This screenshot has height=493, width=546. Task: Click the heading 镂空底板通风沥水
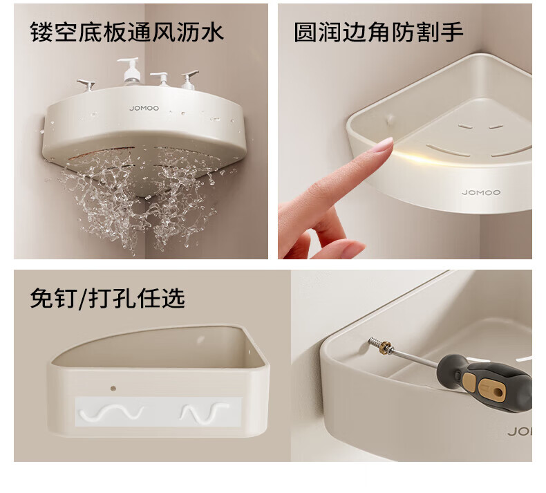[127, 32]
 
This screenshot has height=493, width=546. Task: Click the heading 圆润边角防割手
[379, 32]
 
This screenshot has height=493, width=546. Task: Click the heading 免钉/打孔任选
[107, 298]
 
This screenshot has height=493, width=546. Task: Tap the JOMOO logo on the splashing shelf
[144, 109]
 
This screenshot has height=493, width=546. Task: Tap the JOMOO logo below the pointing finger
[481, 192]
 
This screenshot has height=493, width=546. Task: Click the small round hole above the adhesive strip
[113, 388]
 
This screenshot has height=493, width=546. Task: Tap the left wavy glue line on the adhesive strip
[111, 413]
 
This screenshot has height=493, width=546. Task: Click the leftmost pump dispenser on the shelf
[86, 85]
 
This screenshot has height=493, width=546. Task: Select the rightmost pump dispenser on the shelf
[189, 80]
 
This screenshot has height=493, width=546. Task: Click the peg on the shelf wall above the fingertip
[390, 120]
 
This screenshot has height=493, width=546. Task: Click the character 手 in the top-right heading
[452, 32]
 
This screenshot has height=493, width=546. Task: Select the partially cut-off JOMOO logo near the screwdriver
[520, 432]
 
